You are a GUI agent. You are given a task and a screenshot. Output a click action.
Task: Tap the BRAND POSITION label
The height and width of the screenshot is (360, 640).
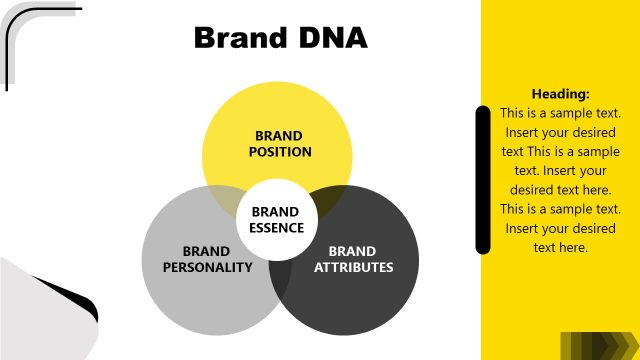(280, 144)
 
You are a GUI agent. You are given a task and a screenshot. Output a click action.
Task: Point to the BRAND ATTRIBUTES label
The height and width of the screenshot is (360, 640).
(353, 259)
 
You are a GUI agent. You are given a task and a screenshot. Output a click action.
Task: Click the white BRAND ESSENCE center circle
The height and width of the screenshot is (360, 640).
(275, 220)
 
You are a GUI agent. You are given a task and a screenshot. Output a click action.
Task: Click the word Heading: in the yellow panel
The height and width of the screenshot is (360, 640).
(560, 94)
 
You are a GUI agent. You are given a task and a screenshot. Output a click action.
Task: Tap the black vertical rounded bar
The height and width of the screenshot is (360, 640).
(483, 180)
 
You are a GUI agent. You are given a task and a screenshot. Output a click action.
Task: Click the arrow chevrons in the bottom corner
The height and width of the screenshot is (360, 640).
(596, 345)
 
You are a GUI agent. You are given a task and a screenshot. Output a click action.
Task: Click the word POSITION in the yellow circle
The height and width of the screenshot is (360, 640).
(280, 152)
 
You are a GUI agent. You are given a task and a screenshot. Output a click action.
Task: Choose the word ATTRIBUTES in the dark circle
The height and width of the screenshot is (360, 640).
(353, 267)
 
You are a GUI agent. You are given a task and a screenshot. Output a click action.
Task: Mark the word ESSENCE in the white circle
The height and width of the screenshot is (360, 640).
(275, 228)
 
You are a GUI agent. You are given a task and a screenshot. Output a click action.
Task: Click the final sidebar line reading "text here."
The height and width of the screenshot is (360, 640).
(560, 247)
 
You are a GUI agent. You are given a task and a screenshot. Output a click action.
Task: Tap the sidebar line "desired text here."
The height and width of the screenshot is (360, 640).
(560, 189)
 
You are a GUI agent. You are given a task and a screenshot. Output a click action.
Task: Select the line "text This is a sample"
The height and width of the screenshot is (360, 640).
(560, 151)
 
